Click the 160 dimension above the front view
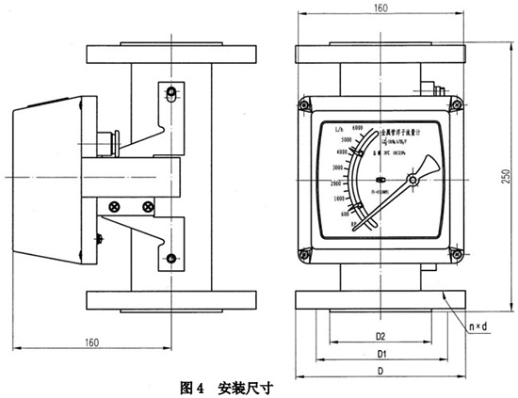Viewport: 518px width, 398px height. click(380, 8)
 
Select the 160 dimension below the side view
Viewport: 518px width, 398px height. click(91, 342)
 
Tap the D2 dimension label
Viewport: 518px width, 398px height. click(381, 335)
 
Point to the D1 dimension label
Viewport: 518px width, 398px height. click(381, 354)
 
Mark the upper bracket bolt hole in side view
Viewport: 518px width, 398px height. click(170, 94)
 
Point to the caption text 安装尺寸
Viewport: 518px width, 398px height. click(249, 386)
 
